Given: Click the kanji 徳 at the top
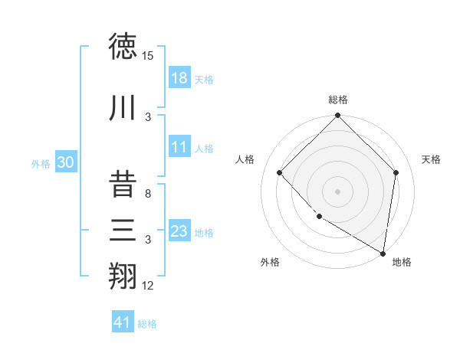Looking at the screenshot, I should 124,47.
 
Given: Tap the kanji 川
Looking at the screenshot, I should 124,108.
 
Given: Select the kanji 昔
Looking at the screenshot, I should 124,185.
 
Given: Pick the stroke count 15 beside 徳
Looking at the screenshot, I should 148,56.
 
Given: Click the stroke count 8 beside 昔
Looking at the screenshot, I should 148,194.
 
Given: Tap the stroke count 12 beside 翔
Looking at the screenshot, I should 148,286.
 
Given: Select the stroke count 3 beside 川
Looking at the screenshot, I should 148,117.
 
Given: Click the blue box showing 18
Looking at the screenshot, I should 179,78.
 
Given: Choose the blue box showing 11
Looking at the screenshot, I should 179,147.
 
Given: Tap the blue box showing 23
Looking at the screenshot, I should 179,231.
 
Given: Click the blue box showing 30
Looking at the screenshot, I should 65,162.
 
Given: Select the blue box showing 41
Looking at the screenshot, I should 123,322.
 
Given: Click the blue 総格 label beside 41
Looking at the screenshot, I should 147,324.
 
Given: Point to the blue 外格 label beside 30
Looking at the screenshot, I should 41,163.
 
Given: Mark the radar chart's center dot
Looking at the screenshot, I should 337,191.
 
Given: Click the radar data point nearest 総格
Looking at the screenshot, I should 337,116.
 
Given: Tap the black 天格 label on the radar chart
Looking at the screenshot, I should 431,159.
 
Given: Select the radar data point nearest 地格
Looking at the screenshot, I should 383,254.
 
